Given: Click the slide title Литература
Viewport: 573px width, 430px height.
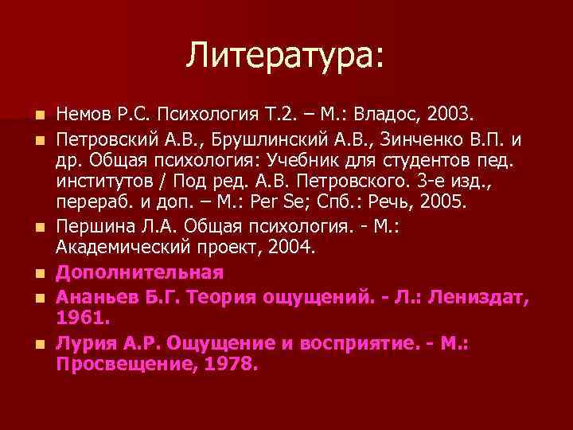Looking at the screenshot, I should [x=285, y=55].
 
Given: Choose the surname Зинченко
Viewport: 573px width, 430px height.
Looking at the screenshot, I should [x=388, y=140].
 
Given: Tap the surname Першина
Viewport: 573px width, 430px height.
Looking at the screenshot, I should [x=90, y=226].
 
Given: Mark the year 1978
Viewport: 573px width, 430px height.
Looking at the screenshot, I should [x=231, y=365].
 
